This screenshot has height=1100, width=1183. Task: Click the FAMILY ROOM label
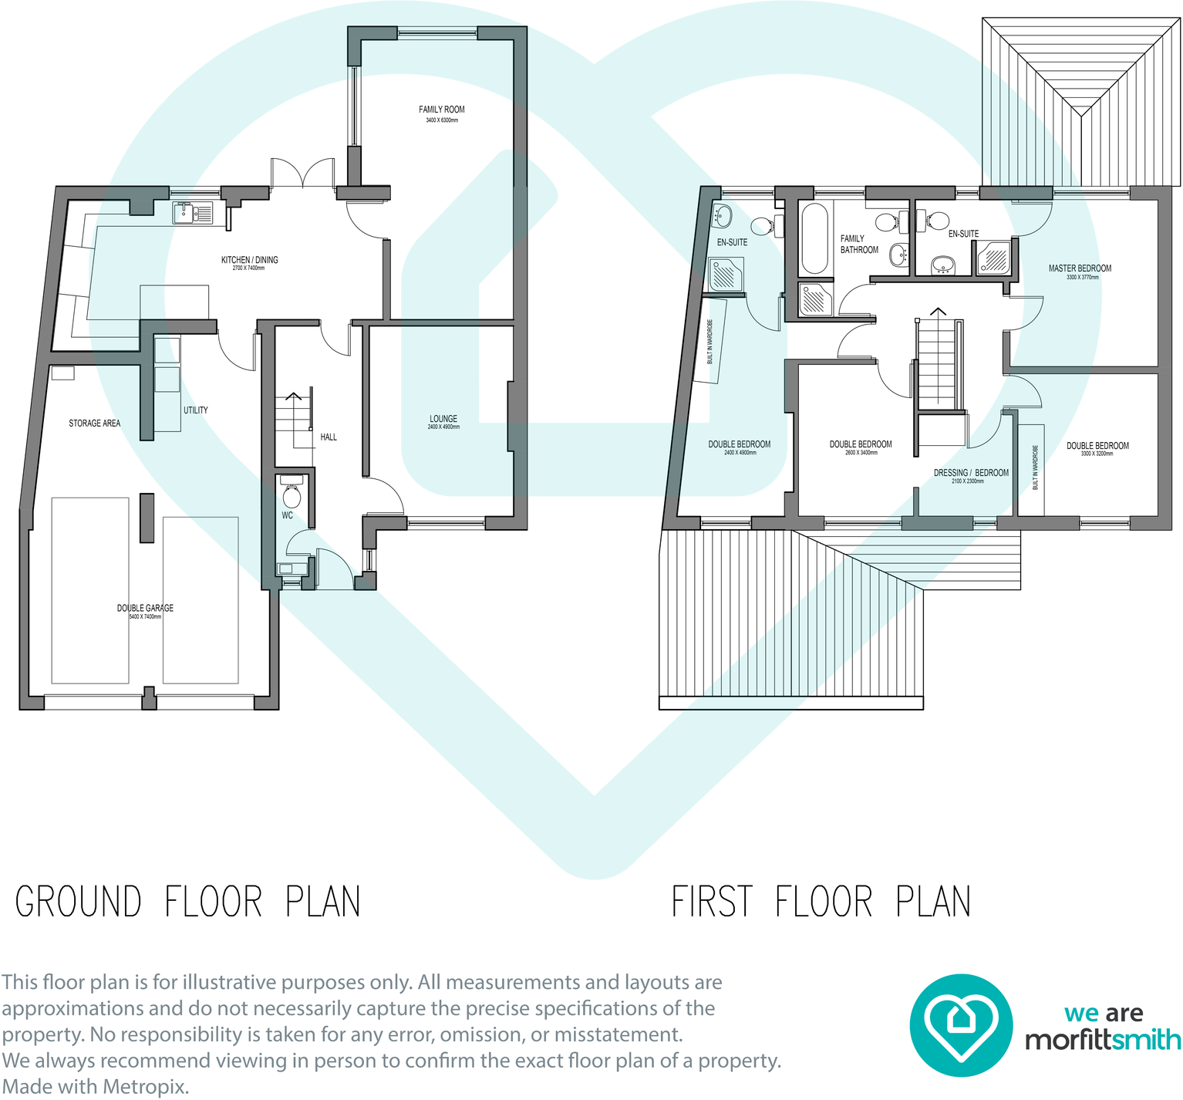tap(441, 110)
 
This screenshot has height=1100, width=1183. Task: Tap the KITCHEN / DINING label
tap(249, 260)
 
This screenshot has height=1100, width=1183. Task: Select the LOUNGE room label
tap(443, 419)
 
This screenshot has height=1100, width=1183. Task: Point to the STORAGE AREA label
tap(94, 423)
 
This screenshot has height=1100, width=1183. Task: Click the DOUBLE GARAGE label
tap(145, 609)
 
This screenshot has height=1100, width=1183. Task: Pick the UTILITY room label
tap(195, 410)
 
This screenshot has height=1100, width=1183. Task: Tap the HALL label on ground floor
tap(329, 437)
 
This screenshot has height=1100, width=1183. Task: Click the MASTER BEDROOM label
tap(1080, 268)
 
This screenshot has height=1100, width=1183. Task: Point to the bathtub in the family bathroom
tap(814, 238)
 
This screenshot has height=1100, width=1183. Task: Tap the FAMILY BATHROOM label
tap(859, 245)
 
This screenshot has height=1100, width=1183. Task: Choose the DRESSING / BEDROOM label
tap(970, 473)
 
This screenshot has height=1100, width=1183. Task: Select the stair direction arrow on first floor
tap(938, 312)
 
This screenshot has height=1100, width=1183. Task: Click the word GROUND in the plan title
tap(79, 902)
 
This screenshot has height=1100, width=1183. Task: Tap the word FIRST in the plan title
tap(712, 902)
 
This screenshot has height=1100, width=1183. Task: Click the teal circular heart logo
tap(960, 1025)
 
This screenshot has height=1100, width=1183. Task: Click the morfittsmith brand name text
tap(1102, 1040)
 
